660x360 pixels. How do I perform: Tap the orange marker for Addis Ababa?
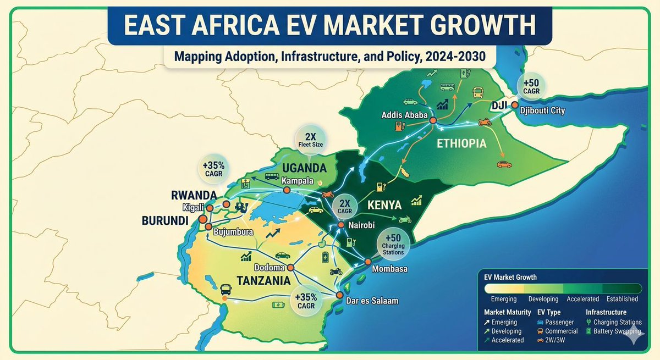433,120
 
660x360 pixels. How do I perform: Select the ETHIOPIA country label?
462,144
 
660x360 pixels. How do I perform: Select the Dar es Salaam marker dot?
340,296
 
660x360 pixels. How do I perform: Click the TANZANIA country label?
263,280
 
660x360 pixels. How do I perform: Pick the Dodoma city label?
270,268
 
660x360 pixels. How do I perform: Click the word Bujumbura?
234,232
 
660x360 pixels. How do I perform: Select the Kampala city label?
297,180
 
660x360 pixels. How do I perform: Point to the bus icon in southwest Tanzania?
225,289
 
